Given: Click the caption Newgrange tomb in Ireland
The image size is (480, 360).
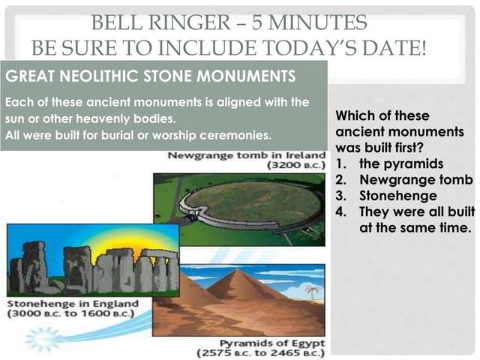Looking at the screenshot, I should [x=244, y=156].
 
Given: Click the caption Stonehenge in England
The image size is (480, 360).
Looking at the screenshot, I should [x=72, y=303].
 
